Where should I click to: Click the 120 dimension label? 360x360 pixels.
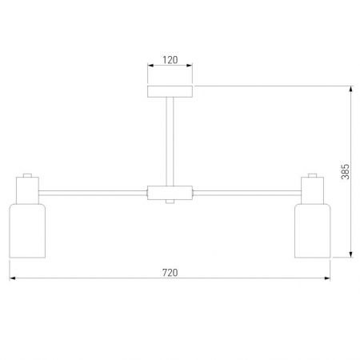pos(170,60)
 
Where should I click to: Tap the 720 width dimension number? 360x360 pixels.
pos(170,273)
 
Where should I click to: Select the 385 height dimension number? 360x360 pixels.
pos(345,172)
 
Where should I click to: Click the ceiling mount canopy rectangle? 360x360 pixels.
pos(170,91)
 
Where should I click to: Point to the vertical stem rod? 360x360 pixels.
pos(170,142)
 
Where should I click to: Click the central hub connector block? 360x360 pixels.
pos(170,193)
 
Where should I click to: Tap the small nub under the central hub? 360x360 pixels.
pos(170,202)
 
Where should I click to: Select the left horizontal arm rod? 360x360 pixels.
pos(93,193)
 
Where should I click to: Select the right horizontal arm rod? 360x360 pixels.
pos(247,193)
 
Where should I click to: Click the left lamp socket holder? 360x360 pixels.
pos(27,190)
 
